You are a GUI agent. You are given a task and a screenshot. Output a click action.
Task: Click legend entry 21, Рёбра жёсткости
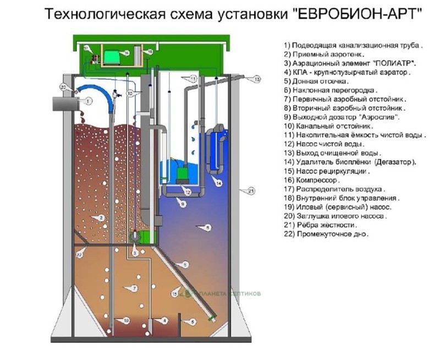point(321,225)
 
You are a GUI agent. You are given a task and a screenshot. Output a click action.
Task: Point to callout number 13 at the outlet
point(256,80)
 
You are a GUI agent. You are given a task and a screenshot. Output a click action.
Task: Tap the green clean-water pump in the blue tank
point(181,172)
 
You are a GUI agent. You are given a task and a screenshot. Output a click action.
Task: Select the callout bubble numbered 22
point(80,254)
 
